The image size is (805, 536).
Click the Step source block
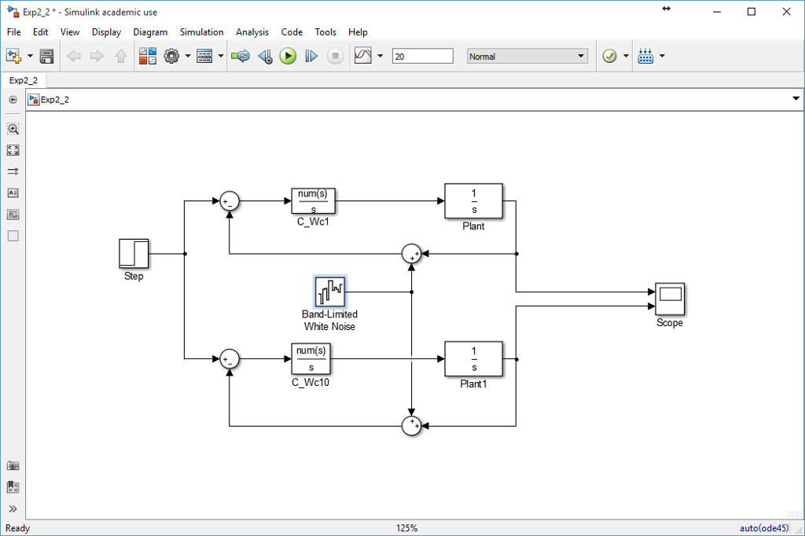tap(134, 254)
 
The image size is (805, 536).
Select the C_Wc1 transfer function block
tap(313, 201)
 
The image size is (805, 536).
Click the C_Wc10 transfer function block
tap(311, 358)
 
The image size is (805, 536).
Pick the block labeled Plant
tap(473, 201)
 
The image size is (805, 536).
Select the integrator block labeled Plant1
tap(473, 358)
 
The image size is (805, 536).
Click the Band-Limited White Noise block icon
tap(330, 292)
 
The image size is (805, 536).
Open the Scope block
tap(670, 299)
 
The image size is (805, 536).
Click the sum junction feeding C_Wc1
tap(229, 201)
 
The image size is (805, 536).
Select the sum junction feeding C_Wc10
tap(229, 359)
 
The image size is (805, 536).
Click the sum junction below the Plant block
tap(411, 254)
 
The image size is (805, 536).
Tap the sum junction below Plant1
tap(411, 426)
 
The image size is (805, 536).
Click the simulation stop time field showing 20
tap(422, 57)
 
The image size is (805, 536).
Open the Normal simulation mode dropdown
tap(527, 57)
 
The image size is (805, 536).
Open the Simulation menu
tap(201, 32)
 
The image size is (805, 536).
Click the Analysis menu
tap(252, 32)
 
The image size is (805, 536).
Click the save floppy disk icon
tap(46, 57)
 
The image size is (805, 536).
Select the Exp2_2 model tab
tap(24, 80)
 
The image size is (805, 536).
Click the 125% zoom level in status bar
tap(407, 528)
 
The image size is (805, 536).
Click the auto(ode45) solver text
tap(764, 528)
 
